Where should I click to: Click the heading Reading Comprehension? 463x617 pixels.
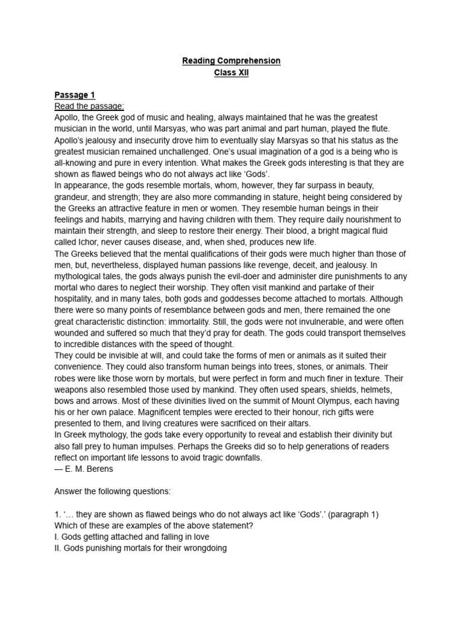click(231, 61)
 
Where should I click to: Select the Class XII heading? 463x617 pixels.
click(231, 73)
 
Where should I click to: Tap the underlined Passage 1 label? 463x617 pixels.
click(75, 95)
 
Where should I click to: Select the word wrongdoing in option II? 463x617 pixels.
click(203, 549)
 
